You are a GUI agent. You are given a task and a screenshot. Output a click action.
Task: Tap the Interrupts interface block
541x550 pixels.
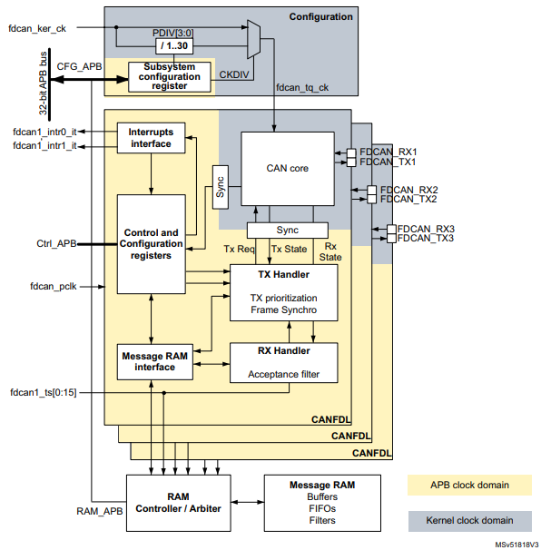tap(151, 136)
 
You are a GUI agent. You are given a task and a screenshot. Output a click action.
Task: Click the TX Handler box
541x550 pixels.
tap(284, 293)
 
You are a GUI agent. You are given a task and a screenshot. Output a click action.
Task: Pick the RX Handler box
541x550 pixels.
tap(284, 361)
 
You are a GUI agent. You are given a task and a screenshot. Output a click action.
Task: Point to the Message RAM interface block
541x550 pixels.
tap(153, 361)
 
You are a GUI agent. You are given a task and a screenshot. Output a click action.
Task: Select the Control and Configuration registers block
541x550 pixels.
tap(150, 243)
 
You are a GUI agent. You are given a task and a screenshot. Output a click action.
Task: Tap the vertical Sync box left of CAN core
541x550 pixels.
tap(221, 188)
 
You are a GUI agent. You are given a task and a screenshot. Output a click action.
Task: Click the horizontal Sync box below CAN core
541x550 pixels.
tap(287, 230)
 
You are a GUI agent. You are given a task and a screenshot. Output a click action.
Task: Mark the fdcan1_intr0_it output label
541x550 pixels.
tap(44, 132)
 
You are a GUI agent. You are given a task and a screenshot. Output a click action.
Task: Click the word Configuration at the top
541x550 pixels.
tap(320, 16)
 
